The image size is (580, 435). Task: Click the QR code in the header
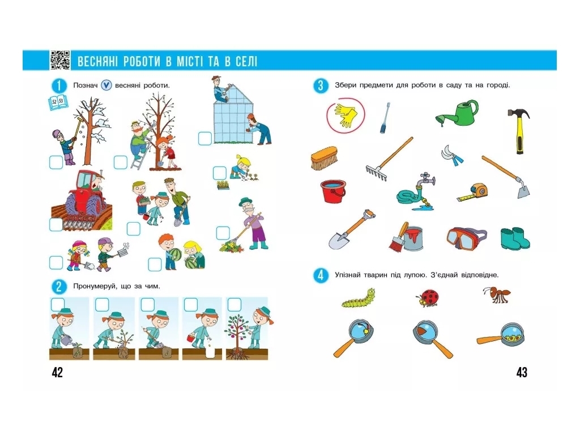click(60, 60)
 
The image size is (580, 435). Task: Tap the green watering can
click(458, 113)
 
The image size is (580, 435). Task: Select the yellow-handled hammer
click(519, 131)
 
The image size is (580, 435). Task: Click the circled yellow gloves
click(345, 115)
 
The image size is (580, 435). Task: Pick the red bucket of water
click(333, 191)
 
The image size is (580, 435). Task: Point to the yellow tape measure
click(473, 193)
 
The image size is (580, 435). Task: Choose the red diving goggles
click(467, 238)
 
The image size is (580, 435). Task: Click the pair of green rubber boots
click(515, 238)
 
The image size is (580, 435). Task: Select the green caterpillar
click(359, 298)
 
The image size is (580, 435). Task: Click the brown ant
click(497, 295)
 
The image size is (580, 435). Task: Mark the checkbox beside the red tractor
click(56, 224)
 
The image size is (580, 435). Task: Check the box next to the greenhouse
click(205, 138)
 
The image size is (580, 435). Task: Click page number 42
click(57, 372)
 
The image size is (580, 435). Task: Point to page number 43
click(522, 372)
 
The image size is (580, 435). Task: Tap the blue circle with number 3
click(321, 86)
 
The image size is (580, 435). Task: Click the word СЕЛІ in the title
click(246, 61)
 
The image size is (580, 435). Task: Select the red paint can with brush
click(406, 237)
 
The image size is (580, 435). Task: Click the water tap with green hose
click(416, 192)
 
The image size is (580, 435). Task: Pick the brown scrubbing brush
click(325, 158)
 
